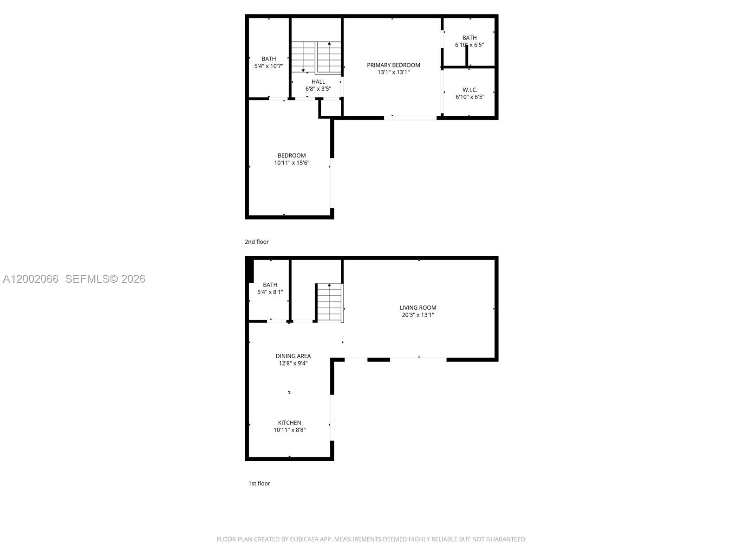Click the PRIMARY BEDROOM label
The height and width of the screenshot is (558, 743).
click(x=393, y=65)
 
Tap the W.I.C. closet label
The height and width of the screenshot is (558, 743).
click(x=469, y=90)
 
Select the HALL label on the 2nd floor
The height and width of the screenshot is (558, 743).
click(x=318, y=82)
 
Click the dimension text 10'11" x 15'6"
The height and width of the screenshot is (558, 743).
click(x=292, y=163)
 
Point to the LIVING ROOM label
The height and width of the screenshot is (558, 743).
click(x=418, y=307)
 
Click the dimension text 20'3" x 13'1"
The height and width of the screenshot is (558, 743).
click(x=418, y=315)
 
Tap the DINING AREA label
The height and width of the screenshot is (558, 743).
click(x=293, y=356)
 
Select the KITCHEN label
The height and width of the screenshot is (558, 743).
click(x=289, y=423)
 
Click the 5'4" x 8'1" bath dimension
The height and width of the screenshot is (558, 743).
click(x=270, y=292)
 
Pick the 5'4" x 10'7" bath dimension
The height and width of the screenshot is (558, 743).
click(x=268, y=66)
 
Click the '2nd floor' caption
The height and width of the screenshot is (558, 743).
click(x=257, y=242)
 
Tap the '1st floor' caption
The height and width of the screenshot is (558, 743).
click(x=259, y=484)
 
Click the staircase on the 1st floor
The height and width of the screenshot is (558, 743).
click(x=329, y=302)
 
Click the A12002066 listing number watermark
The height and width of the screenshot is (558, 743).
click(x=31, y=279)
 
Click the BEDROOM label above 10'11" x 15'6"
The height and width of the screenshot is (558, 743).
click(x=292, y=155)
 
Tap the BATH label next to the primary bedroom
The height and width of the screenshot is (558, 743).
click(x=469, y=38)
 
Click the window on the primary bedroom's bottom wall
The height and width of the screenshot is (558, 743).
click(x=410, y=118)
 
